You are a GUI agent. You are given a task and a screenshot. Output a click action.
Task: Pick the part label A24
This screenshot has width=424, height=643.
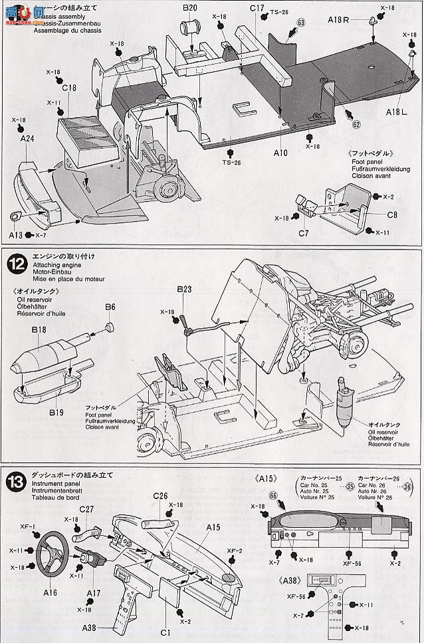click(27, 138)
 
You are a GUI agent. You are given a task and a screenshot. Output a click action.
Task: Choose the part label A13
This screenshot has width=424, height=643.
click(17, 236)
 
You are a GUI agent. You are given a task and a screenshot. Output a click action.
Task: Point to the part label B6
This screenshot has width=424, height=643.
click(110, 306)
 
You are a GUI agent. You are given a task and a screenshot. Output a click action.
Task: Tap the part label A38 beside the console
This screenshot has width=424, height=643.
click(90, 627)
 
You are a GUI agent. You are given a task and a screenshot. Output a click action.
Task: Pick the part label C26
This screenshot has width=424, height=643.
click(161, 496)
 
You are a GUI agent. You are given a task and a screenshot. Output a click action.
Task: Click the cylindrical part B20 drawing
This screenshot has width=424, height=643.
click(193, 30)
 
